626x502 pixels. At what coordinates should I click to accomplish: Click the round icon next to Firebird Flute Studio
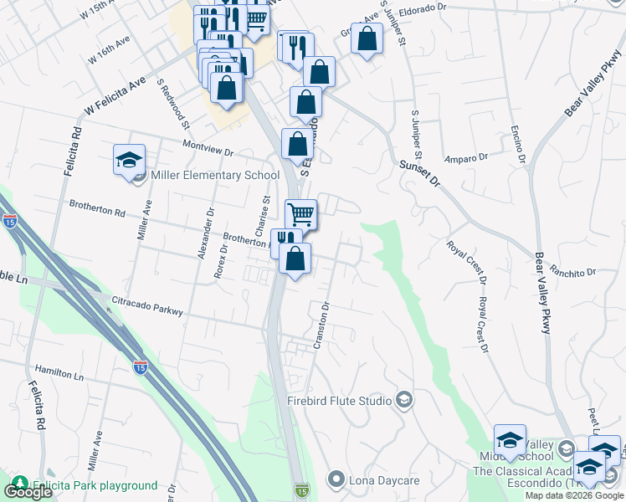(x=404, y=400)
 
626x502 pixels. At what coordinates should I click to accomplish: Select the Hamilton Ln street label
(x=59, y=372)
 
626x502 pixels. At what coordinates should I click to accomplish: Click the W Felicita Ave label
(x=115, y=97)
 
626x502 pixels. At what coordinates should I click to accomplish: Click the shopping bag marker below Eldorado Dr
(x=367, y=38)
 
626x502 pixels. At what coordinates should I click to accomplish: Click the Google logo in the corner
(x=28, y=492)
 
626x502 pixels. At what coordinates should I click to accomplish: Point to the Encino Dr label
(x=516, y=142)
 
